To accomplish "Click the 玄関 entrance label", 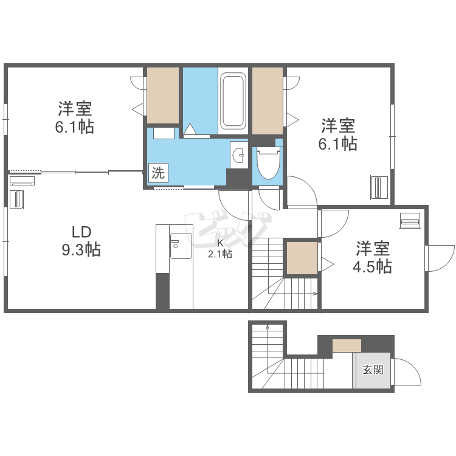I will [373, 370].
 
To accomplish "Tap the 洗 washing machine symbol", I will [158, 173].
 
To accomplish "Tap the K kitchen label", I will [220, 243].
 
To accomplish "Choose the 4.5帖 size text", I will [373, 266].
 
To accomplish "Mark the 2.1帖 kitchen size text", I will [220, 255].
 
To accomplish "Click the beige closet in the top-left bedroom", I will [163, 95].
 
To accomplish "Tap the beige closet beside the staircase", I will [302, 258].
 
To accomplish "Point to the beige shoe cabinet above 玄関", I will [347, 346].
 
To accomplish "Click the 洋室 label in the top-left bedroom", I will [75, 109].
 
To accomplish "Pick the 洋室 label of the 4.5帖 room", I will [373, 248].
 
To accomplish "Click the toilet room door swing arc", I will [268, 197].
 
